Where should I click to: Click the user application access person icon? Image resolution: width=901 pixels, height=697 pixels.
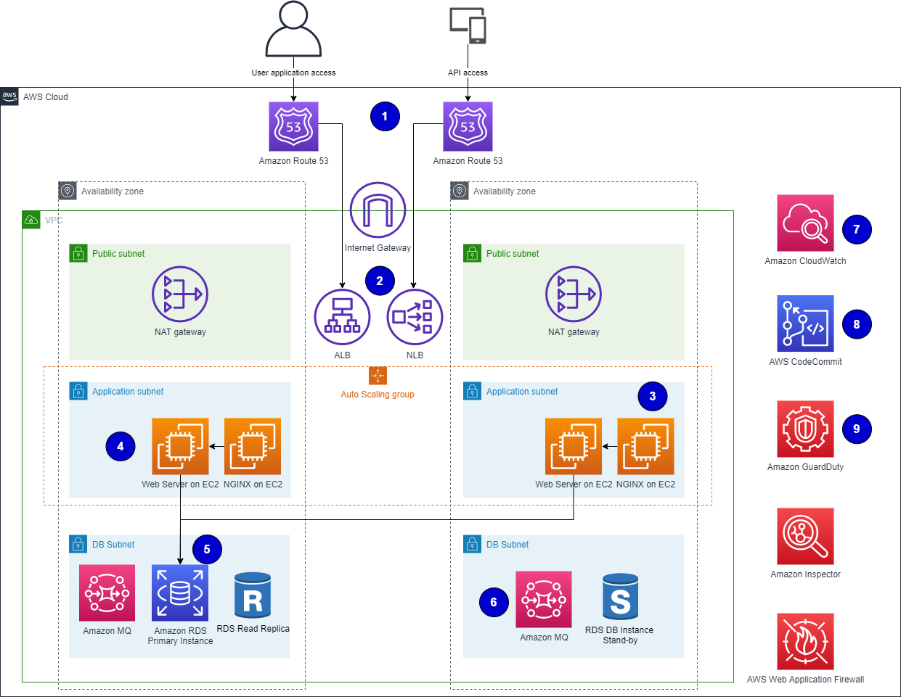click(293, 30)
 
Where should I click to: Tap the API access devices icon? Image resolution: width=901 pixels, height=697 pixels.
click(468, 25)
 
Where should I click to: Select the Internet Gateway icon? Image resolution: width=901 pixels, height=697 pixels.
click(378, 210)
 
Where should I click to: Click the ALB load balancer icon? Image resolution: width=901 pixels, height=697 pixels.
click(342, 316)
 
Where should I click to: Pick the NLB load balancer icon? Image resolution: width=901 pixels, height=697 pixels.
click(415, 316)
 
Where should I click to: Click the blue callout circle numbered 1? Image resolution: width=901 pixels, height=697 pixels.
click(385, 116)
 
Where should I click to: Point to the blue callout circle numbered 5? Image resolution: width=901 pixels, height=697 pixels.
click(207, 549)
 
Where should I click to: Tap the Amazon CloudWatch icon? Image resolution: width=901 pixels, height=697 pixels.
click(805, 223)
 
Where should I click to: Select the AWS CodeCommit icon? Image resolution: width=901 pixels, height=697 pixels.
click(805, 323)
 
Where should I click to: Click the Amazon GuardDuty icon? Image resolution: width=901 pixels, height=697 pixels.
click(805, 429)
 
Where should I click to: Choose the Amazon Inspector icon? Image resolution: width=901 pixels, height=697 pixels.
click(805, 536)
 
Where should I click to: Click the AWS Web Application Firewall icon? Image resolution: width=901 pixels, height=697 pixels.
click(805, 641)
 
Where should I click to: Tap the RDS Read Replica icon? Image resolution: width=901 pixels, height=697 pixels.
click(253, 595)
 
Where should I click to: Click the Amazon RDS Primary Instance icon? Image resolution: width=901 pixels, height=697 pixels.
click(180, 593)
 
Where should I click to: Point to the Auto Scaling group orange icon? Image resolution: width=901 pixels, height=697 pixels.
click(378, 376)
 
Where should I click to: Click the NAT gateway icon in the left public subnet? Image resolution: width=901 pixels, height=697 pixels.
click(180, 294)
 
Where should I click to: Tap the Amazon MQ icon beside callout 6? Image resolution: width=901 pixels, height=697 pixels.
click(544, 599)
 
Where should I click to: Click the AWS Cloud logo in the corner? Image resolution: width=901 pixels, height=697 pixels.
click(9, 96)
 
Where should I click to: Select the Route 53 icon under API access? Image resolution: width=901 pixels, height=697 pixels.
click(468, 126)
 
